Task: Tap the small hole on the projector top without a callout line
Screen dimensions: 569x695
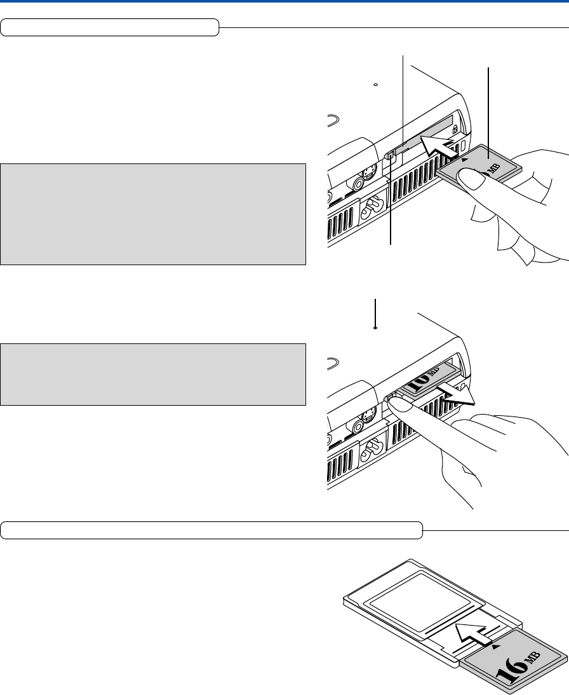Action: click(x=376, y=84)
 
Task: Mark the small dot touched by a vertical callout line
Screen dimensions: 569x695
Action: click(x=376, y=328)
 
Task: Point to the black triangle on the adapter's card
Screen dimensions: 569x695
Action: click(x=496, y=645)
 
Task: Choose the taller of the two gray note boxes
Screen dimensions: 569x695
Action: click(x=153, y=214)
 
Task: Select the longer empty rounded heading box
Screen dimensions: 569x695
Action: click(x=212, y=529)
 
